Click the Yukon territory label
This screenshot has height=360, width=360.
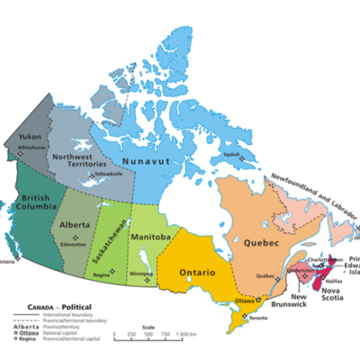(x=28, y=139)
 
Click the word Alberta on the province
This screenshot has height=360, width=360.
(x=75, y=223)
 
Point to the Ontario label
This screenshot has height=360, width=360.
(x=196, y=270)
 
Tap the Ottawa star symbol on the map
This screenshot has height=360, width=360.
(x=257, y=298)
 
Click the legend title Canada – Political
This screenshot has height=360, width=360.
(x=46, y=306)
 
